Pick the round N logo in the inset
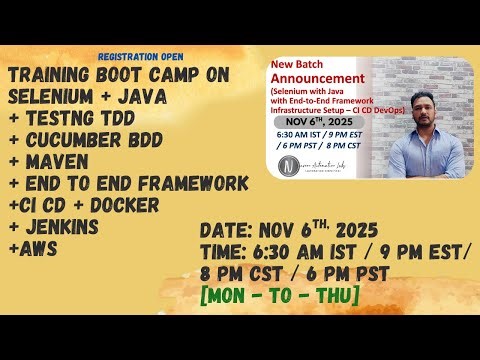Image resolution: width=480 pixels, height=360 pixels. pyautogui.click(x=288, y=163)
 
